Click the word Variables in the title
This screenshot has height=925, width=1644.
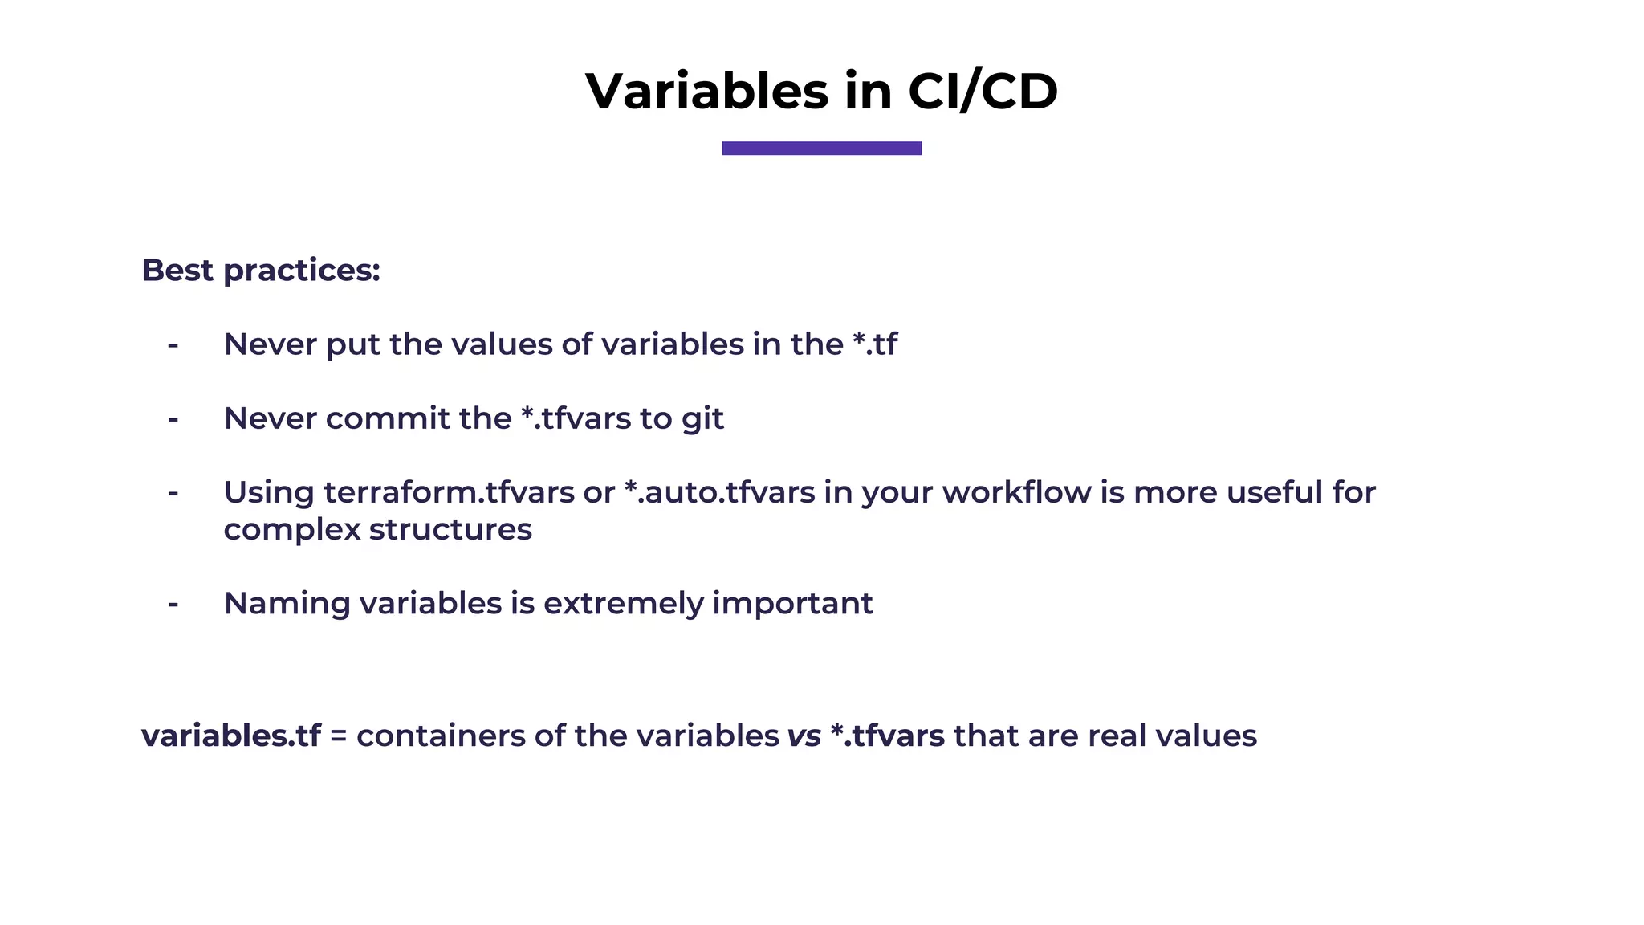[706, 91]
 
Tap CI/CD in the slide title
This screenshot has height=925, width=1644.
[983, 91]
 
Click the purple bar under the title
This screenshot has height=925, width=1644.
[821, 148]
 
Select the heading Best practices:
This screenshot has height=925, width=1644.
[261, 271]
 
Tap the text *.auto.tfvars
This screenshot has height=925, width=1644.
[719, 492]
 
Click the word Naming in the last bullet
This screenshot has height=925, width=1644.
[287, 604]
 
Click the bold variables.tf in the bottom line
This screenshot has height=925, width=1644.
[231, 736]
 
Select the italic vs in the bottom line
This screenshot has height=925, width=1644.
[804, 736]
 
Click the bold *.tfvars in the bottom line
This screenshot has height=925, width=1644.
[887, 736]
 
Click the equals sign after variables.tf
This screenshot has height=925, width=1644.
[338, 736]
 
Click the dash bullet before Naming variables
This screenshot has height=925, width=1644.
[173, 604]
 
